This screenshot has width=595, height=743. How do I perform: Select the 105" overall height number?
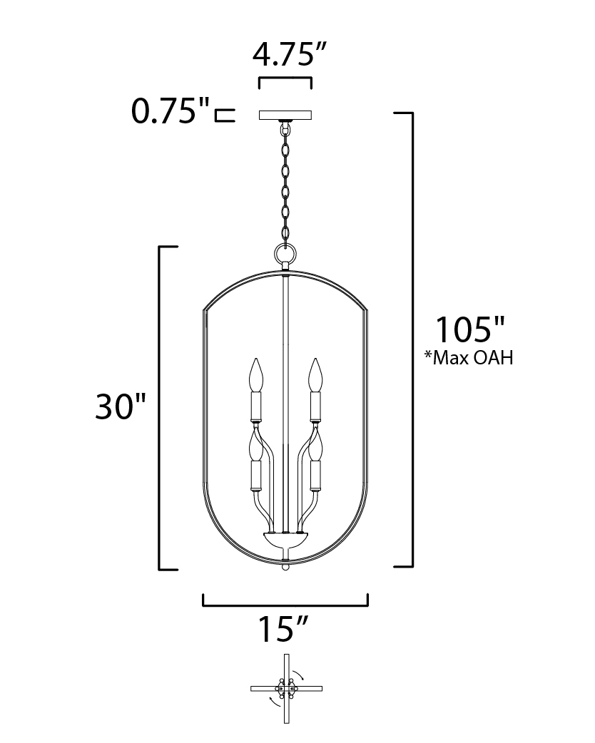point(470,329)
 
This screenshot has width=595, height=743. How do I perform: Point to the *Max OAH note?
point(469,358)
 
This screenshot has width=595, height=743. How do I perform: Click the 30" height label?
point(121,406)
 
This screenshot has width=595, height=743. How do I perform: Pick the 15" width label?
point(283,629)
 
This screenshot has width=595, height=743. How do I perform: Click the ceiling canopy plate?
point(285,115)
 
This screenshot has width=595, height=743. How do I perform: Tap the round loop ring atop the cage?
point(285,252)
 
